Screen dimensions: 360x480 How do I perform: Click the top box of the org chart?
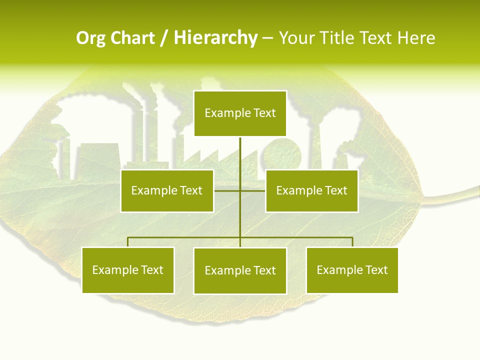click(240, 113)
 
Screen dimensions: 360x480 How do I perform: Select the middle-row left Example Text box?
click(167, 190)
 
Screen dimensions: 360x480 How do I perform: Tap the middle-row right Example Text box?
click(311, 190)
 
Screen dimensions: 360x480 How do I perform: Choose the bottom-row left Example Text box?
click(128, 270)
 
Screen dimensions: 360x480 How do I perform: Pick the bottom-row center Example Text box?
click(240, 270)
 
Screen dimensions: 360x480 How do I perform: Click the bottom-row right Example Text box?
click(352, 270)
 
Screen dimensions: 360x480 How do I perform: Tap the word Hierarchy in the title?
click(215, 38)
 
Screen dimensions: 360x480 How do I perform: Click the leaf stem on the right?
click(452, 195)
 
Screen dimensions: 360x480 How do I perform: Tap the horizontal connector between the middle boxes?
click(227, 190)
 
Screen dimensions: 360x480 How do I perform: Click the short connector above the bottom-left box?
click(128, 242)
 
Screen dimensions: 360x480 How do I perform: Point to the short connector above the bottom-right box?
click(352, 242)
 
